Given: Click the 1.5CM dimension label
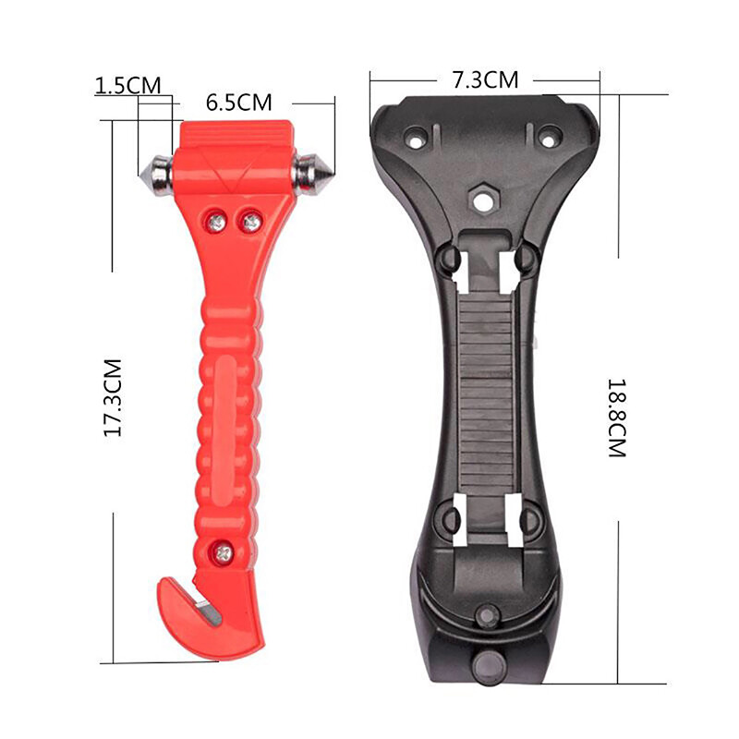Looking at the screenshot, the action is click(x=127, y=85).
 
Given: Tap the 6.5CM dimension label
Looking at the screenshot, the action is click(x=239, y=103).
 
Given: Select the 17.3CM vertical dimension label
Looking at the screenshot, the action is click(x=114, y=397).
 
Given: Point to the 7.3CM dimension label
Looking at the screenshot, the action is click(x=485, y=79).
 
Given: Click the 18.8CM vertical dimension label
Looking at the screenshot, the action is click(x=616, y=418).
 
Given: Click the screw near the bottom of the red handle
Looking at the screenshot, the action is click(x=224, y=552).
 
